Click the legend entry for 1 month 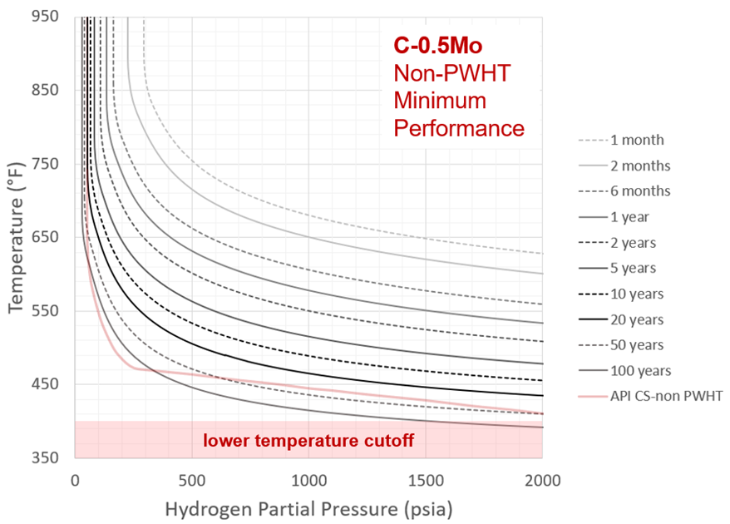[637, 141]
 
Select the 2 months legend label [640, 166]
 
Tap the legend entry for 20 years [637, 319]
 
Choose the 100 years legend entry [640, 371]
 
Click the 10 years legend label [637, 294]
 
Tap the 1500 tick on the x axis [425, 480]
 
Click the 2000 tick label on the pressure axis [542, 480]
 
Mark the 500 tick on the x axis [191, 480]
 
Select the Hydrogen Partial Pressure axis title [308, 506]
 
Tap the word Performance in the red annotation [459, 129]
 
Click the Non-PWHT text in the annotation [451, 74]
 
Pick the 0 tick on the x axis [75, 480]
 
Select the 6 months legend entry [640, 191]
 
